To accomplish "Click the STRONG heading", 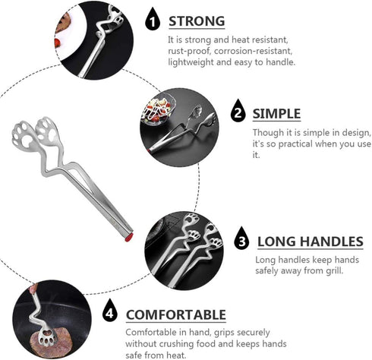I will coord(197,21).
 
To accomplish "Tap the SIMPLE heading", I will coord(276,114).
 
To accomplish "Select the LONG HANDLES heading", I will coord(310,242).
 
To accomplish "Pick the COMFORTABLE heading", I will coord(175,314).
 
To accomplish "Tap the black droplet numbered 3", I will coord(241,240).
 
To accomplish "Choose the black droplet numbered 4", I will coord(110,313).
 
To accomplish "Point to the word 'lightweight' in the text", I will coord(191,62).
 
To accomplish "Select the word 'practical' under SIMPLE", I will coord(307,144).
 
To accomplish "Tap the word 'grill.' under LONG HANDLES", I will coord(330,270).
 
